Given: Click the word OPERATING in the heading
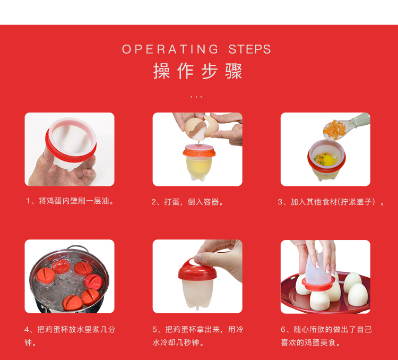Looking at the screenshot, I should click(x=170, y=49).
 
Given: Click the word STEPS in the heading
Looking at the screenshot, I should click(x=250, y=49).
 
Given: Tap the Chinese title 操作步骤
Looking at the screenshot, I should click(x=198, y=71).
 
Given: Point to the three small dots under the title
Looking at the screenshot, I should click(x=196, y=97).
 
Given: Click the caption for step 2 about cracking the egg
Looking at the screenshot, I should click(x=187, y=202).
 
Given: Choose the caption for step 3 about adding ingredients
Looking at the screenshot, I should click(x=331, y=202).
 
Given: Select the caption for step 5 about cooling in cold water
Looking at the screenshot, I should click(x=197, y=336).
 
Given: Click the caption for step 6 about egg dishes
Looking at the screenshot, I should click(x=326, y=336).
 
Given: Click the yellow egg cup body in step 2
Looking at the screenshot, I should click(x=199, y=169).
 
